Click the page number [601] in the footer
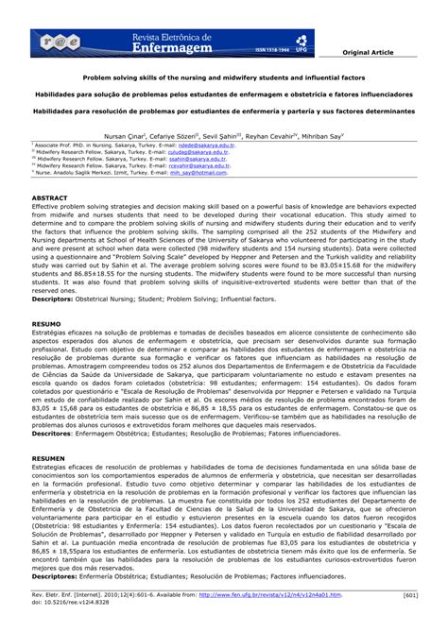click(x=411, y=595)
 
